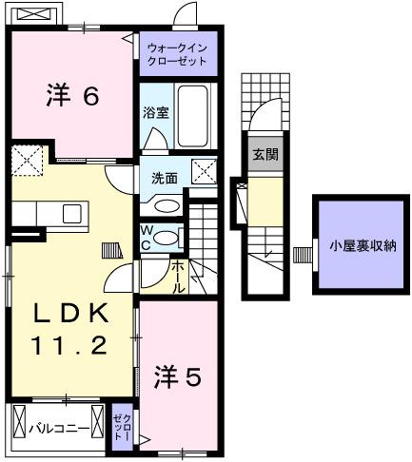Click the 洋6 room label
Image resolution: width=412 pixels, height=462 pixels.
click(72, 96)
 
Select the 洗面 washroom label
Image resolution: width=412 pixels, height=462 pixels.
click(164, 178)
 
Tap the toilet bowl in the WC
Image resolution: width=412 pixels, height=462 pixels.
click(167, 239)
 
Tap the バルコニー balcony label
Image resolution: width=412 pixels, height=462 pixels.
click(57, 429)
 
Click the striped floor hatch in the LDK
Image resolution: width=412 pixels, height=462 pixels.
click(112, 250)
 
